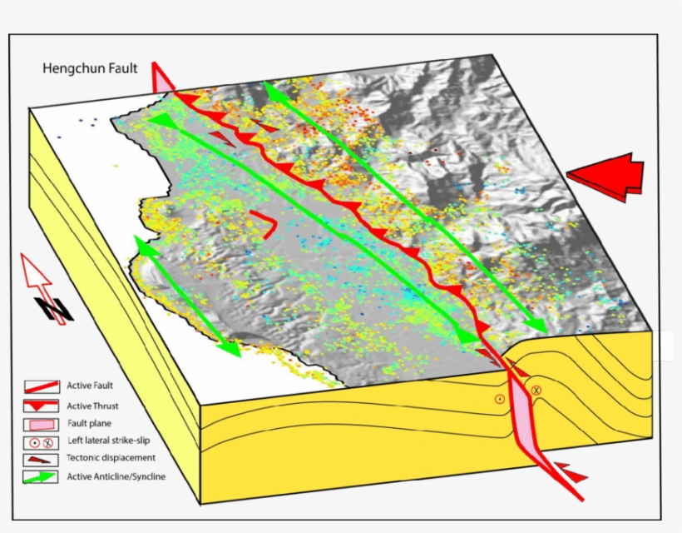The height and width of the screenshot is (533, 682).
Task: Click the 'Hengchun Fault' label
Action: pos(91,69)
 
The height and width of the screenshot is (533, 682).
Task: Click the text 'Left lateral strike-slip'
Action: pos(109,441)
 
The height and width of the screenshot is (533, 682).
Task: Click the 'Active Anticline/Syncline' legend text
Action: pos(116,476)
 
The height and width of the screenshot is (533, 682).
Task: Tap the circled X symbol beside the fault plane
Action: pos(536,390)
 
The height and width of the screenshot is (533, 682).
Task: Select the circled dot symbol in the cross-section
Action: pos(499,399)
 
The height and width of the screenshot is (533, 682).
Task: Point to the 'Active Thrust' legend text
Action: pos(92,406)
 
